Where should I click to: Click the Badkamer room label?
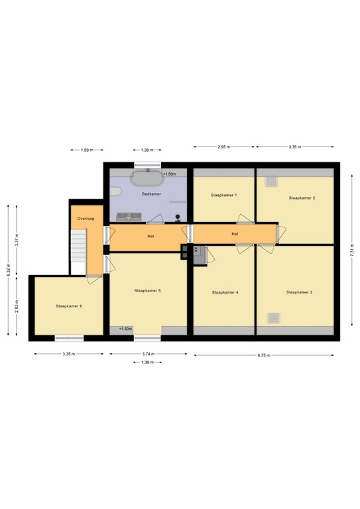coord(151,194)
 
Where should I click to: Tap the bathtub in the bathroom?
coord(148,178)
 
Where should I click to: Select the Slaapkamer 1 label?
coord(223,195)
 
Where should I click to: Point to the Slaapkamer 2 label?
coord(302,198)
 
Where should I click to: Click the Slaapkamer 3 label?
coord(299,292)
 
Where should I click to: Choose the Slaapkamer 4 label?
coord(225,292)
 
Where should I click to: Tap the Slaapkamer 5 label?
coord(147,290)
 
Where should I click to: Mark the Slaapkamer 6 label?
coord(69,306)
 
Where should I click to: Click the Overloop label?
coord(86,219)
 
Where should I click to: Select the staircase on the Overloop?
coord(78,245)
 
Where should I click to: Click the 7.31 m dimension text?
coord(352,251)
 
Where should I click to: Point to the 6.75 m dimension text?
coord(264,355)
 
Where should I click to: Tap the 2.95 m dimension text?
coord(224,146)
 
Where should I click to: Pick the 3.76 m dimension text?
coord(295,146)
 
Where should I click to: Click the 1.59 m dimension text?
coord(87,150)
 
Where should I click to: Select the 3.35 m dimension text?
coord(69,354)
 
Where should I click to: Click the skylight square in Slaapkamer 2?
coord(271,181)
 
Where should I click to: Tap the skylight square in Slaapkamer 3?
coord(274,318)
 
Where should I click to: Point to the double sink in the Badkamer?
coord(129,217)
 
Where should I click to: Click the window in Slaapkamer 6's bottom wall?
coord(69,338)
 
